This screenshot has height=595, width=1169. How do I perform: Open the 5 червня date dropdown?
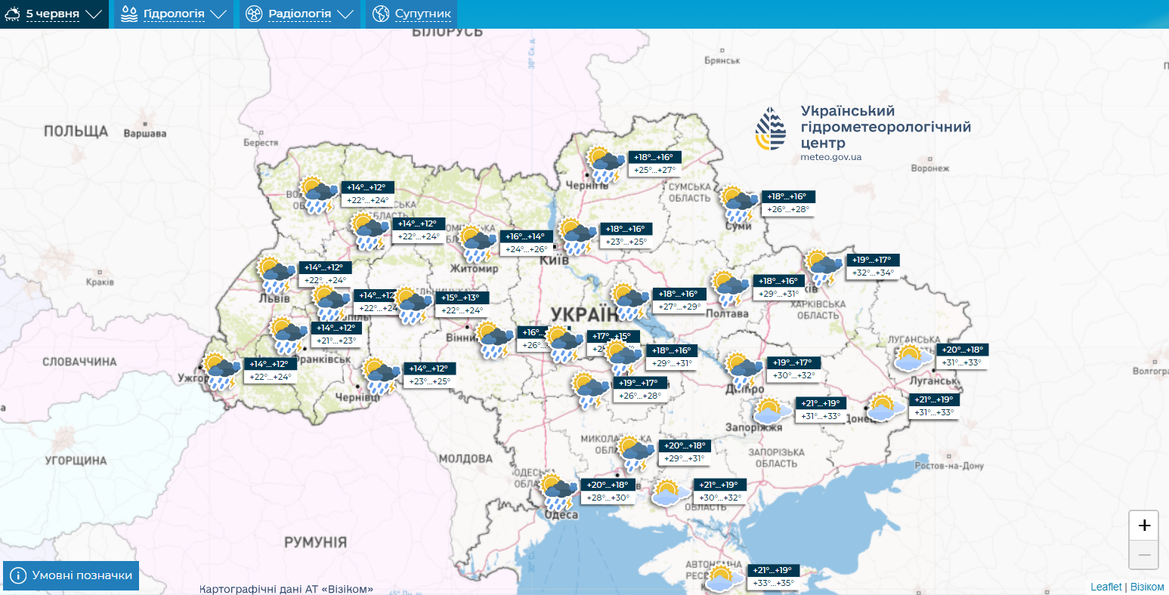click(x=54, y=14)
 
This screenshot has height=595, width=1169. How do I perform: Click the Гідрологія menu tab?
click(x=173, y=14)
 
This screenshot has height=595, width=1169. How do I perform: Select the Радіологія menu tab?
click(x=299, y=14)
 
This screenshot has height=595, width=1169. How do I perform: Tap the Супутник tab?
click(x=412, y=14)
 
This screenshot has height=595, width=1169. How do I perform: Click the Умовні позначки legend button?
click(x=71, y=575)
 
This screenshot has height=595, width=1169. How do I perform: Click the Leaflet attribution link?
click(x=1106, y=587)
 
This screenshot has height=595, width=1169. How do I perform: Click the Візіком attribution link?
click(x=1147, y=587)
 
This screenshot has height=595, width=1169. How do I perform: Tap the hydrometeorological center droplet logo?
click(x=770, y=129)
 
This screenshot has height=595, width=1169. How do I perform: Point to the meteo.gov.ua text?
click(x=830, y=157)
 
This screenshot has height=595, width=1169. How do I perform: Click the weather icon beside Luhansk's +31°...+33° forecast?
click(x=913, y=357)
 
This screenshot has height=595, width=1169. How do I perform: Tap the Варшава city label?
click(x=144, y=134)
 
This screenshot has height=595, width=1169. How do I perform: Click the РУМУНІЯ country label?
click(x=315, y=542)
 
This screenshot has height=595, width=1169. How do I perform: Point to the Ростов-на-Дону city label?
click(x=949, y=466)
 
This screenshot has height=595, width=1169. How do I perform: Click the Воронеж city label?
click(x=929, y=168)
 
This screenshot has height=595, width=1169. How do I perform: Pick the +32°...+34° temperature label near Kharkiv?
click(x=873, y=273)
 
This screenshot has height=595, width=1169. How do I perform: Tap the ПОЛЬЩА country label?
click(x=76, y=131)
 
